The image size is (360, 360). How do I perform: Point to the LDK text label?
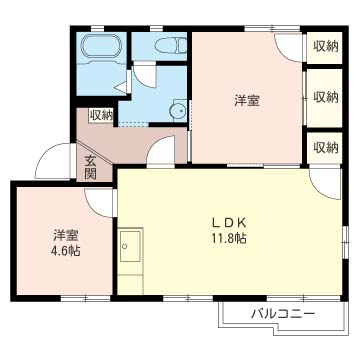(x=228, y=222)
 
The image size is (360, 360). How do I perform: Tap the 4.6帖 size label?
(x=67, y=251)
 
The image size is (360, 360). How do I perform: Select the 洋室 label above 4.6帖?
(x=67, y=235)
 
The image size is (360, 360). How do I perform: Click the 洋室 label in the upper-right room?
(x=248, y=100)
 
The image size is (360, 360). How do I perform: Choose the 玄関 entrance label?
(x=90, y=167)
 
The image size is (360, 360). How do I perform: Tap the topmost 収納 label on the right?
(x=325, y=46)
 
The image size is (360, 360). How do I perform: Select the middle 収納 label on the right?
(x=325, y=97)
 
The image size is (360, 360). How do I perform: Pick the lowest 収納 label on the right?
(x=325, y=147)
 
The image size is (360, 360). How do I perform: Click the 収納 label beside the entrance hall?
(x=101, y=115)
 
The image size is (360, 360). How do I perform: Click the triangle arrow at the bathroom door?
(x=120, y=88)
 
